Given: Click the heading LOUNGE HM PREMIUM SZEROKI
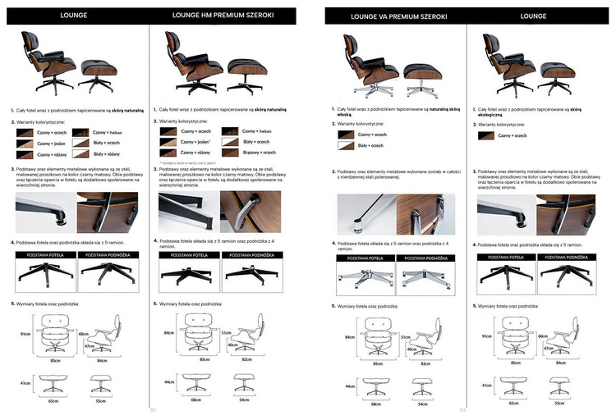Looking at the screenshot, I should pyautogui.click(x=223, y=16).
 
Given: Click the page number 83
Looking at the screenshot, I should pyautogui.click(x=462, y=410).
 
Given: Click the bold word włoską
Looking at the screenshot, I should pyautogui.click(x=346, y=114).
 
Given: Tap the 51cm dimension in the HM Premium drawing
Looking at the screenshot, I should pyautogui.click(x=225, y=332).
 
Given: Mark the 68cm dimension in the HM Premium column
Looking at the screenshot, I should pyautogui.click(x=195, y=401).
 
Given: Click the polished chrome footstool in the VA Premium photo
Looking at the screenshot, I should pyautogui.click(x=424, y=76).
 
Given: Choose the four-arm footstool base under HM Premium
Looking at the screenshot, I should pyautogui.click(x=250, y=276).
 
